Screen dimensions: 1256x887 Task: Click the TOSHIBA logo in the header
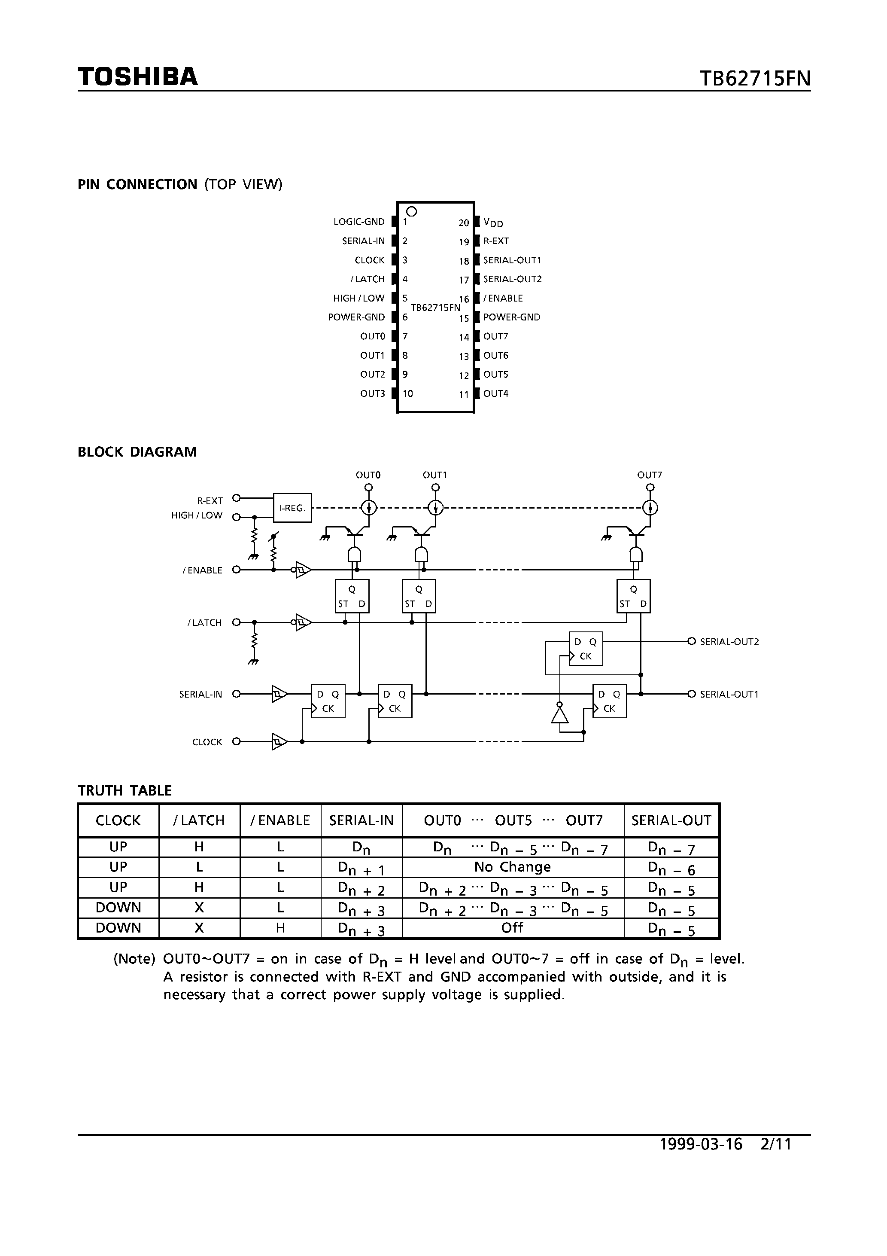[138, 76]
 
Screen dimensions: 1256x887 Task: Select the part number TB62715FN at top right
[755, 79]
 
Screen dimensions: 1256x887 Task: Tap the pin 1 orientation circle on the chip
[412, 211]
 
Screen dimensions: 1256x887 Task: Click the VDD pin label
[493, 223]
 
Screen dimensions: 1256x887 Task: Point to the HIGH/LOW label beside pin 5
[359, 298]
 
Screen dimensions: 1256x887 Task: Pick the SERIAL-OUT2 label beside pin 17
[512, 279]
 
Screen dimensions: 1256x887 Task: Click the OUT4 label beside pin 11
[495, 394]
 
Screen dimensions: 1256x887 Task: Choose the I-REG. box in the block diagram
[292, 508]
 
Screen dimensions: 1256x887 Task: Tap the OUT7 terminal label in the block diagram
[650, 475]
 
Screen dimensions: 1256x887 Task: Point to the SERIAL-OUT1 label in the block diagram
[729, 694]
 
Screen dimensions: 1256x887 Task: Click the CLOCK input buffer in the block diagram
[279, 742]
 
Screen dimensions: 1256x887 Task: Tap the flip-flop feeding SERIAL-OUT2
[586, 649]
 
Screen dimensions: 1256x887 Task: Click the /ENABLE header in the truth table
[280, 820]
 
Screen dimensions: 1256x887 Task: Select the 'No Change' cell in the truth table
[512, 867]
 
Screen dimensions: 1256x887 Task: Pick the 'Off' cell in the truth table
[512, 928]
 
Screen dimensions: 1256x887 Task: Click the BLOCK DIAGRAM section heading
[137, 452]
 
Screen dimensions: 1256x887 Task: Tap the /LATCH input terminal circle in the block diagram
[236, 622]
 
